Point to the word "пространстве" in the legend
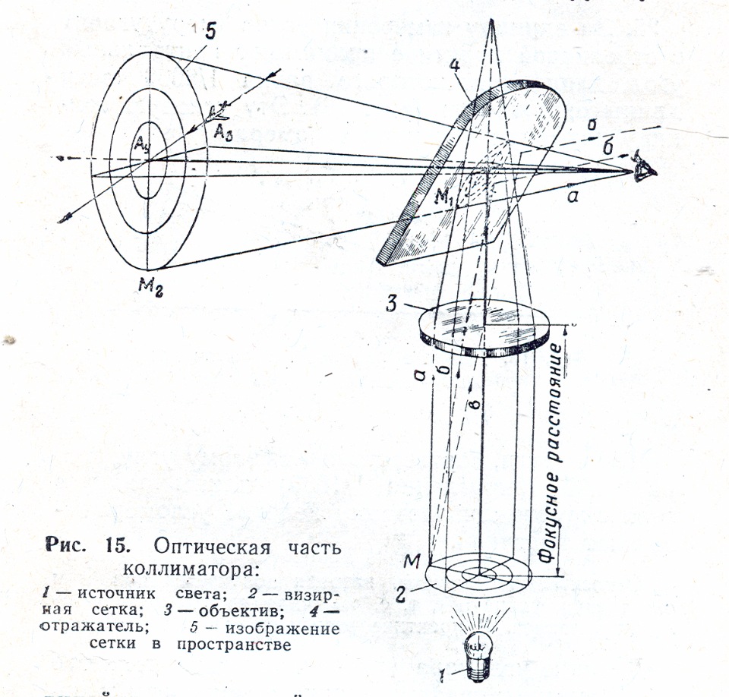[x=240, y=646]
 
